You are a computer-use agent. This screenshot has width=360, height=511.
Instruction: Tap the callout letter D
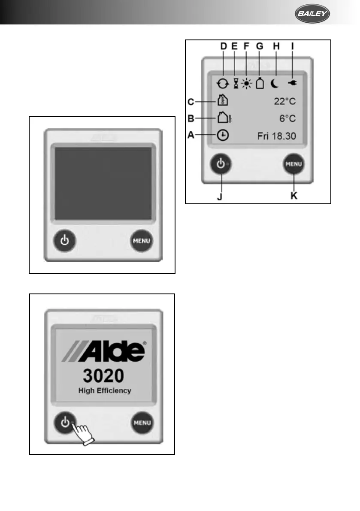tap(223, 46)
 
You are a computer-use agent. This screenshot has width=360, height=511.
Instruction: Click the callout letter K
tap(294, 196)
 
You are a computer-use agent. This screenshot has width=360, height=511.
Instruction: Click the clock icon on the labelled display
tap(223, 136)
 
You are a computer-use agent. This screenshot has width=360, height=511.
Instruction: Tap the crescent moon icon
tap(275, 84)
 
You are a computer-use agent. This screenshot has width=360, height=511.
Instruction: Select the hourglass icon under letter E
tap(236, 84)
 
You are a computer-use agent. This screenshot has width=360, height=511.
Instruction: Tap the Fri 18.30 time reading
tap(277, 136)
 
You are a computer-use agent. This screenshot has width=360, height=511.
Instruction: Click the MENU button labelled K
tap(294, 164)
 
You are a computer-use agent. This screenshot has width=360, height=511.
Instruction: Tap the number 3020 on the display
tap(103, 376)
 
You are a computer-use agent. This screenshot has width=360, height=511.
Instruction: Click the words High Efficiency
tap(105, 391)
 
